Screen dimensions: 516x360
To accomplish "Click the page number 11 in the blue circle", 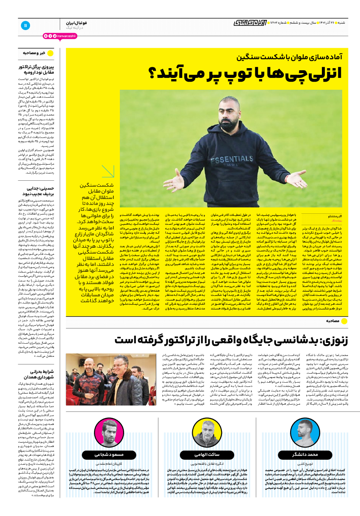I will coord(25,25).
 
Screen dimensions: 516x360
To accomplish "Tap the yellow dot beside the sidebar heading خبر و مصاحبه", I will coord(50,53).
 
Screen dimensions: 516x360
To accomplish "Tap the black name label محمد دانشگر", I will coord(304,455).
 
